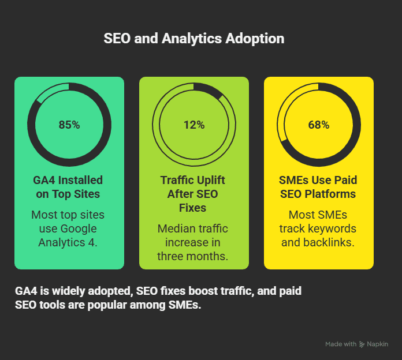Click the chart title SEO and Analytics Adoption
[193, 39]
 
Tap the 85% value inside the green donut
[69, 125]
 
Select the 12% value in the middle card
[194, 125]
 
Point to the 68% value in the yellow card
[319, 125]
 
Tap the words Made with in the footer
[341, 344]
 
